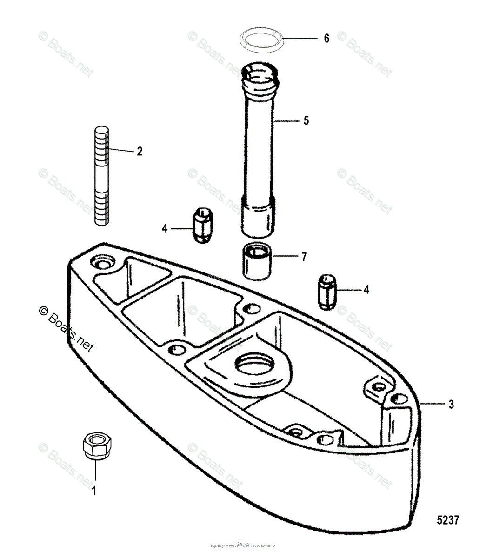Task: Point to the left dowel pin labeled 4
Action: click(x=200, y=225)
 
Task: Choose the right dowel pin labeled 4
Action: click(x=325, y=291)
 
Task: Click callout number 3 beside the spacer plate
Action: click(x=451, y=404)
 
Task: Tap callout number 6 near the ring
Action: click(x=326, y=39)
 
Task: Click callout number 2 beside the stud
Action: click(x=139, y=152)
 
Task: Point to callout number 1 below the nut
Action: click(x=94, y=490)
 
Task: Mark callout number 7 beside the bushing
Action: click(x=304, y=257)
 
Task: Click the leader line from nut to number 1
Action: click(x=95, y=470)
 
